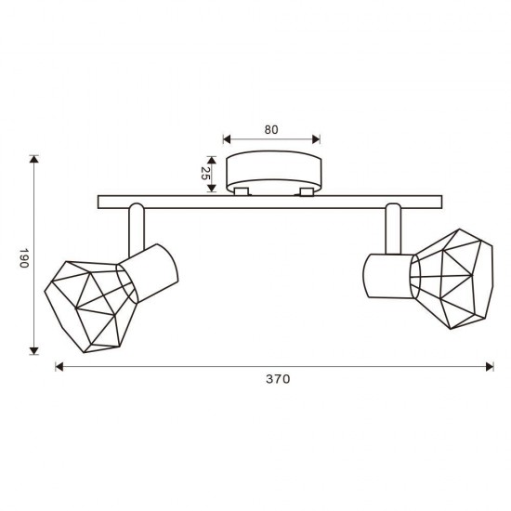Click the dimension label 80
click(271, 130)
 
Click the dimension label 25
click(204, 173)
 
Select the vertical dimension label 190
click(24, 258)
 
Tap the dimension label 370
click(278, 379)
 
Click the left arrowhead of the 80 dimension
click(227, 139)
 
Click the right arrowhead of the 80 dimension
click(316, 139)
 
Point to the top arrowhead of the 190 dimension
click(33, 159)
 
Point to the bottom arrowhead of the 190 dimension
click(33, 350)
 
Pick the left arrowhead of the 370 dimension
click(59, 367)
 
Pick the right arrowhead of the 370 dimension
click(490, 367)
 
